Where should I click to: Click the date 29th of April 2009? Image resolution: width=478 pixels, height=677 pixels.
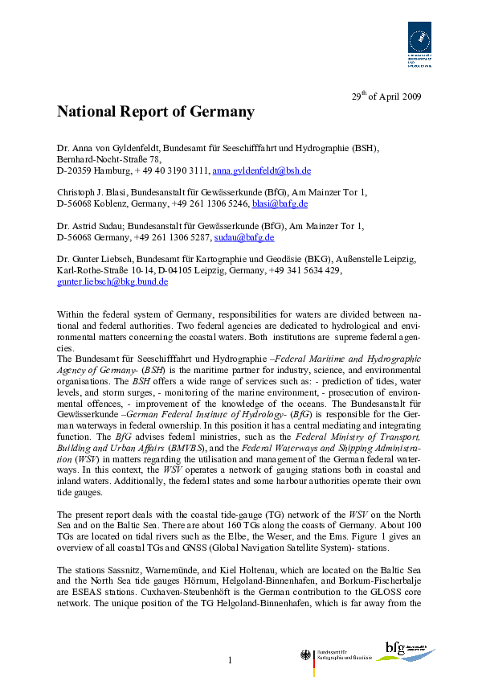(x=386, y=96)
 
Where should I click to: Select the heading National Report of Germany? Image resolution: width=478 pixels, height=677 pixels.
(x=155, y=112)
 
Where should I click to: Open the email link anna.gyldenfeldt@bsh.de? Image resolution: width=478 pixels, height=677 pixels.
(x=261, y=171)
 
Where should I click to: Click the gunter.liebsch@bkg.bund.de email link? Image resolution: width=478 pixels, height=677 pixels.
(x=112, y=282)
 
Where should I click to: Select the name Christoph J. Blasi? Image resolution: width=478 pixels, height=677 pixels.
(x=92, y=193)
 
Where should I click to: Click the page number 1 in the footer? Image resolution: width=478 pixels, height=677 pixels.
(x=229, y=660)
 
